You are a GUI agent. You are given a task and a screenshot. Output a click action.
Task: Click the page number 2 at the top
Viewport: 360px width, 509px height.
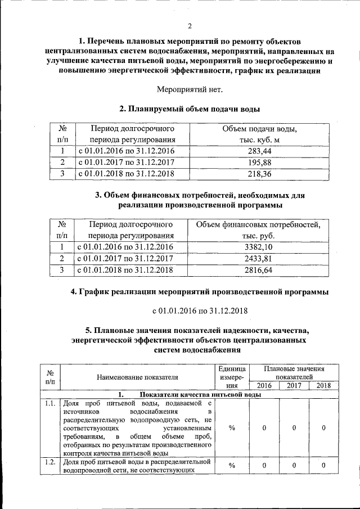tap(190, 26)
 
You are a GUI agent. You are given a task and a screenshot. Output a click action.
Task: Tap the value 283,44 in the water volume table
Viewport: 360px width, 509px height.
tap(259, 151)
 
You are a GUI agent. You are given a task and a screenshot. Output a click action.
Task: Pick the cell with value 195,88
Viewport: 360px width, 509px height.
tap(259, 163)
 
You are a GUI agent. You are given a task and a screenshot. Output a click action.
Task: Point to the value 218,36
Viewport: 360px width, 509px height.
tap(259, 174)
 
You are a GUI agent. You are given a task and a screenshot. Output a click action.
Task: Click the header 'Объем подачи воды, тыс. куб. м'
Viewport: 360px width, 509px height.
tap(259, 134)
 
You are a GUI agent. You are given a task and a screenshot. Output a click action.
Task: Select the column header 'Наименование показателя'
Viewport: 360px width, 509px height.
tap(137, 377)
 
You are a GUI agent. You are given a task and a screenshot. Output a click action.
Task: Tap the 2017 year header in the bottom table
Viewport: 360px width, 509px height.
tap(294, 385)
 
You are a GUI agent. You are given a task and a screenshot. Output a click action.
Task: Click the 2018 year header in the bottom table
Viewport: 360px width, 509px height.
tap(323, 385)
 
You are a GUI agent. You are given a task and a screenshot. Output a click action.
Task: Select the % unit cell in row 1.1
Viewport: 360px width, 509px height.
tap(232, 428)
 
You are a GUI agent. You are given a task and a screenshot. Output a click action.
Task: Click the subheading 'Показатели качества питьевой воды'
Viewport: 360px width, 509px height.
tap(200, 394)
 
